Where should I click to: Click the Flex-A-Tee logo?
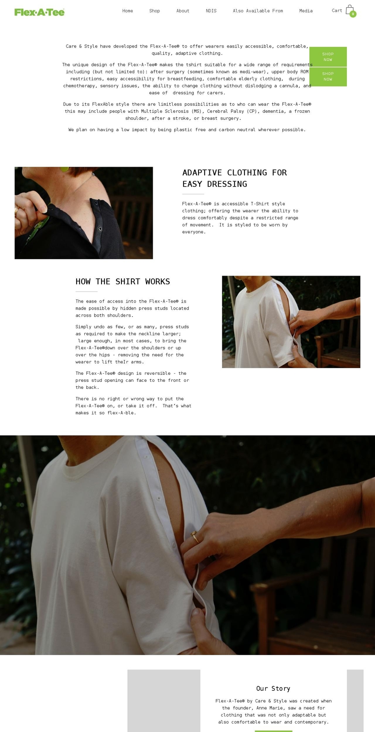click(39, 12)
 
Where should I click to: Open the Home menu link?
click(128, 11)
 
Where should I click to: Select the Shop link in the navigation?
click(155, 11)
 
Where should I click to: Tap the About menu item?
click(183, 11)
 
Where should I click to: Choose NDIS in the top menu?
click(211, 11)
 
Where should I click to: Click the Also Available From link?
click(258, 11)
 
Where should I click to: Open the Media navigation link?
click(306, 11)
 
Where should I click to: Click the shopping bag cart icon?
click(349, 10)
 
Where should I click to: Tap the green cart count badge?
click(353, 14)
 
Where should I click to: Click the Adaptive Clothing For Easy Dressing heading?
click(234, 178)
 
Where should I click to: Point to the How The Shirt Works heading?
click(123, 281)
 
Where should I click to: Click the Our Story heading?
click(273, 688)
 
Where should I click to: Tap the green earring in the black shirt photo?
click(64, 169)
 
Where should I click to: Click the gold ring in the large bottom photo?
click(195, 537)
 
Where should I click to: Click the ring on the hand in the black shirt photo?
click(16, 210)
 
